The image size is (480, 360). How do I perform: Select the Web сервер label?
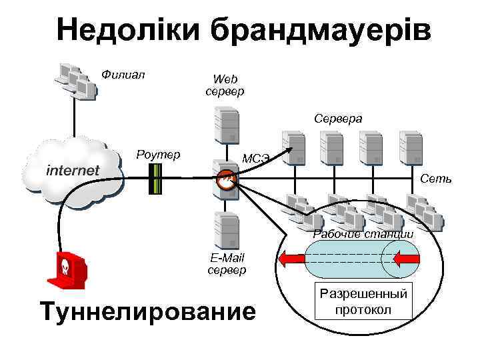pyautogui.click(x=225, y=85)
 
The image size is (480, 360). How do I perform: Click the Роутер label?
pyautogui.click(x=158, y=155)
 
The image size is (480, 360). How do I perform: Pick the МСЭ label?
pyautogui.click(x=255, y=159)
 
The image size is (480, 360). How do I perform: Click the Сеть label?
pyautogui.click(x=436, y=179)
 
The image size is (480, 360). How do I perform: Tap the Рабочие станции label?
pyautogui.click(x=363, y=234)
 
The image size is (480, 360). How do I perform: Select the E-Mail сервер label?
pyautogui.click(x=227, y=264)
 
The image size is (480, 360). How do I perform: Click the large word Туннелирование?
pyautogui.click(x=147, y=311)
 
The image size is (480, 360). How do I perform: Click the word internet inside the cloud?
pyautogui.click(x=73, y=171)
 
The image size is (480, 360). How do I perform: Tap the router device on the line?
pyautogui.click(x=155, y=178)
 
